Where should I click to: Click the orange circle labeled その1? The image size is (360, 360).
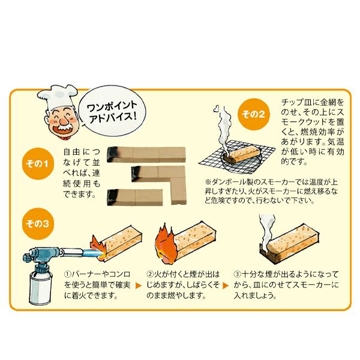[x=37, y=163]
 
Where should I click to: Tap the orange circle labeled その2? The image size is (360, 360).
[x=253, y=114]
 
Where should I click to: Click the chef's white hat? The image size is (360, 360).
[x=57, y=97]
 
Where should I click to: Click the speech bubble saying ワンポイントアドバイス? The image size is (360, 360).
[x=112, y=110]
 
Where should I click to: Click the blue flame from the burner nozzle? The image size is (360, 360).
[x=90, y=253]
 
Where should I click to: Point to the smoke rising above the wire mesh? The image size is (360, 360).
[x=222, y=128]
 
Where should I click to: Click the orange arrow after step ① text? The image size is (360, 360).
[x=139, y=286]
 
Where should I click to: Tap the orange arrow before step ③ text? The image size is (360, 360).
[x=226, y=286]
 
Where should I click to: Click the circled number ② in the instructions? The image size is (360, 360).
[x=149, y=274]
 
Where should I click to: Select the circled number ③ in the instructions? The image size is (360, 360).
[x=237, y=274]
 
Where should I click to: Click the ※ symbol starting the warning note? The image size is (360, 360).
[x=208, y=182]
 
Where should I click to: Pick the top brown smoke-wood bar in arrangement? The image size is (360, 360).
[x=146, y=154]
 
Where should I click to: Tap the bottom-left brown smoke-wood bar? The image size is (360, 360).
[x=135, y=197]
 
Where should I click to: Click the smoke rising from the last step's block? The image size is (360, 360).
[x=266, y=231]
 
